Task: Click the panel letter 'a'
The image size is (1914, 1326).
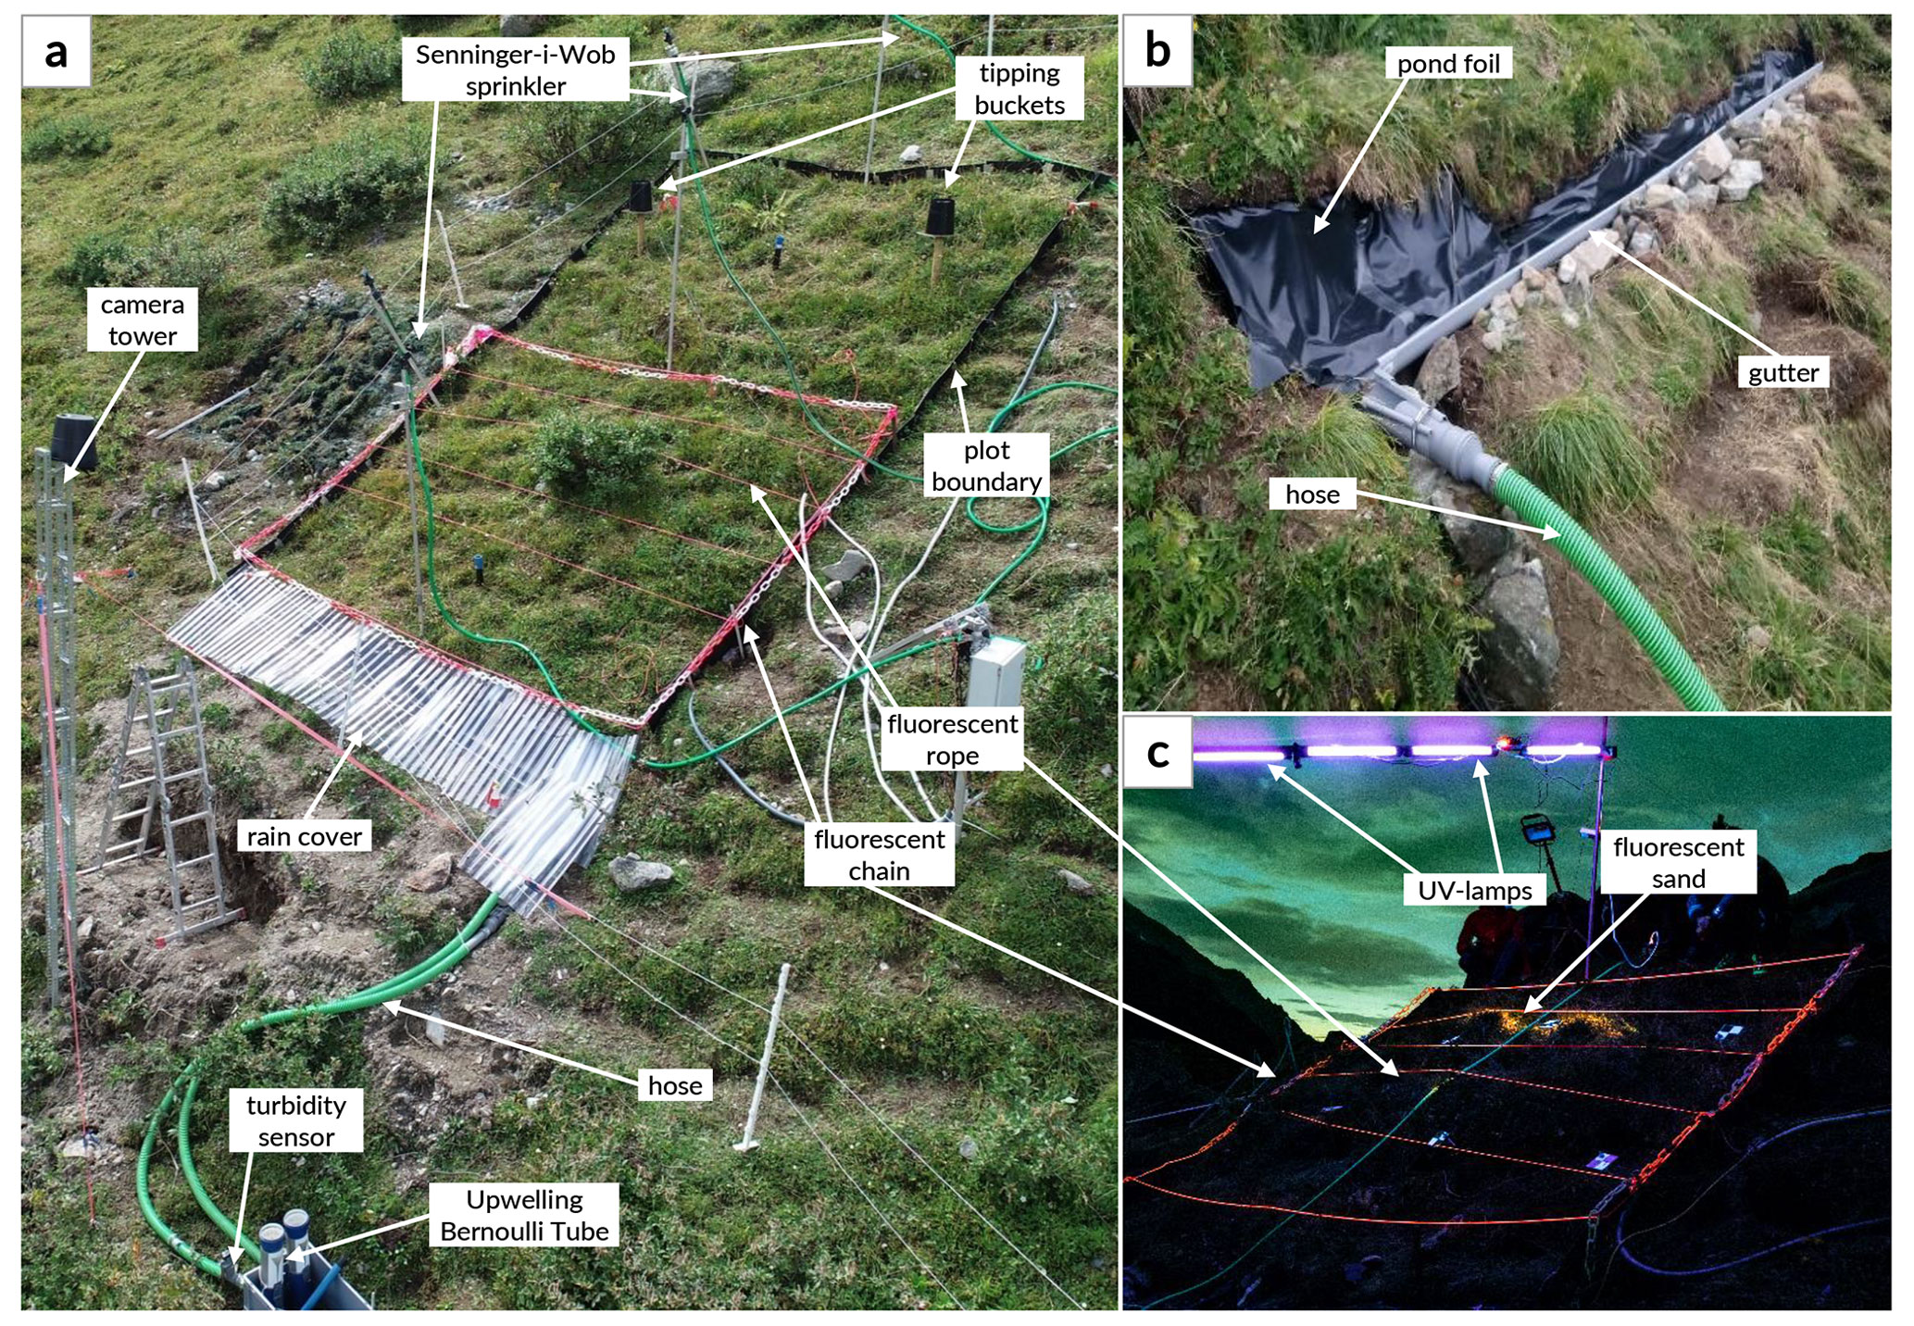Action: point(56,52)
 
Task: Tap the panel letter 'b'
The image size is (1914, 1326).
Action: point(1157,50)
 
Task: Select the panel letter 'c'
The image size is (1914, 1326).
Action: point(1157,753)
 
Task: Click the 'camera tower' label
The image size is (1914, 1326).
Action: point(143,320)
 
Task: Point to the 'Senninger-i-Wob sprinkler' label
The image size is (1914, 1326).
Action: point(515,69)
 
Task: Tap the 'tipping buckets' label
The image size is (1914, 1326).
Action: point(1019,89)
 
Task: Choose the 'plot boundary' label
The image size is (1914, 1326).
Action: point(986,466)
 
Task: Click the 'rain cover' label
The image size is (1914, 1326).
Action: point(304,836)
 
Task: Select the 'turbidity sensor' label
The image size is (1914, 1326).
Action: point(295,1120)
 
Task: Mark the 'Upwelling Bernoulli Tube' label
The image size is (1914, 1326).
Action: point(524,1215)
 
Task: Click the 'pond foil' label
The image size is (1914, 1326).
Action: point(1448,63)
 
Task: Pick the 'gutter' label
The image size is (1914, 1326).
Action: point(1783,372)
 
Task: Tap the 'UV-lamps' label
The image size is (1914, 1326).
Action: point(1475,890)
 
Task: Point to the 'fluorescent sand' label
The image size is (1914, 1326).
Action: point(1678,862)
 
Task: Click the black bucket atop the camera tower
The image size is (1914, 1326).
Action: point(72,443)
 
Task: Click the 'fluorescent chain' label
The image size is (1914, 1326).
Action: point(879,855)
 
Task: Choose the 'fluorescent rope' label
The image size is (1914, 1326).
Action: point(952,739)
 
